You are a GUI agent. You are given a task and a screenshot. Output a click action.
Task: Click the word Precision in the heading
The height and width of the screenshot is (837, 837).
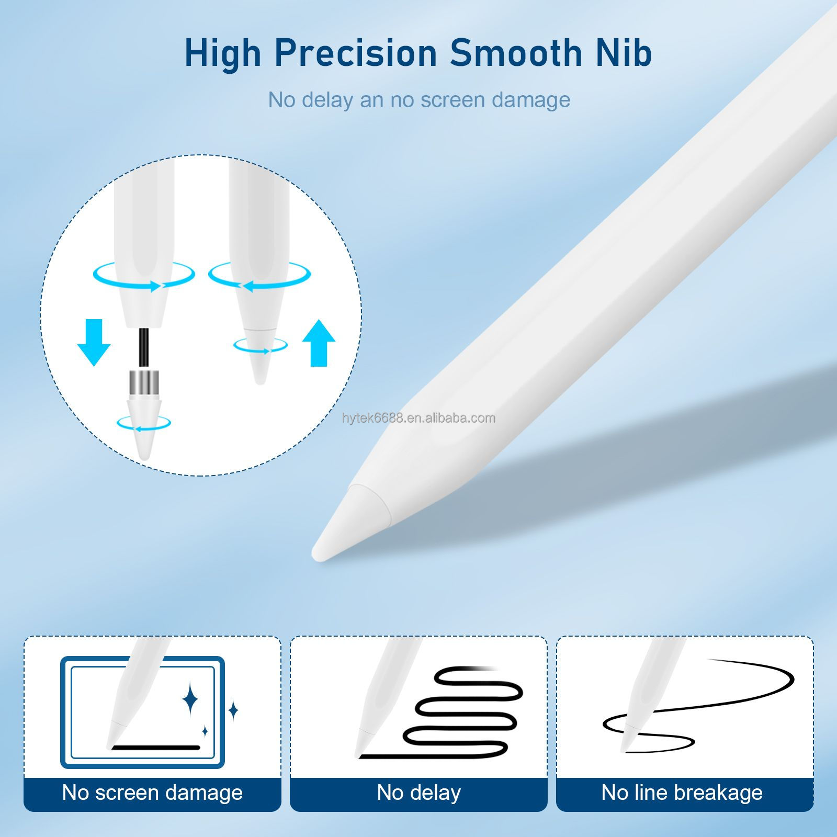click(x=356, y=53)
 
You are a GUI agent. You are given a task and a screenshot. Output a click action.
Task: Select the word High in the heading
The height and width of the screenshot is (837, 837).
click(x=222, y=53)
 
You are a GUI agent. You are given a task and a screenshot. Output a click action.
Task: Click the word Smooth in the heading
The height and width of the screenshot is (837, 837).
click(x=515, y=53)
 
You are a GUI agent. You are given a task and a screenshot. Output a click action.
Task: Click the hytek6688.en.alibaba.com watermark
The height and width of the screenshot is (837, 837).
click(x=418, y=418)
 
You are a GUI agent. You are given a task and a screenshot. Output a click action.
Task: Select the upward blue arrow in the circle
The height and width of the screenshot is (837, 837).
click(x=319, y=343)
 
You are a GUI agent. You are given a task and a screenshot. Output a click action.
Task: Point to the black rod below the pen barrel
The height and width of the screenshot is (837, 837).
click(x=144, y=348)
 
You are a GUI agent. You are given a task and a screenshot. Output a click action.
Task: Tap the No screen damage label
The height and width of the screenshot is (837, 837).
click(x=152, y=793)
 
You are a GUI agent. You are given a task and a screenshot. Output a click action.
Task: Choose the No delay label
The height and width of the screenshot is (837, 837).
click(x=418, y=793)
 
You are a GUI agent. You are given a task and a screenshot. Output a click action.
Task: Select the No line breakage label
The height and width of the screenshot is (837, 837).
click(x=682, y=793)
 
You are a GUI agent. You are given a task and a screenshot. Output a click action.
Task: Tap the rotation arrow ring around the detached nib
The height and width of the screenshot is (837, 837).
click(x=144, y=423)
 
